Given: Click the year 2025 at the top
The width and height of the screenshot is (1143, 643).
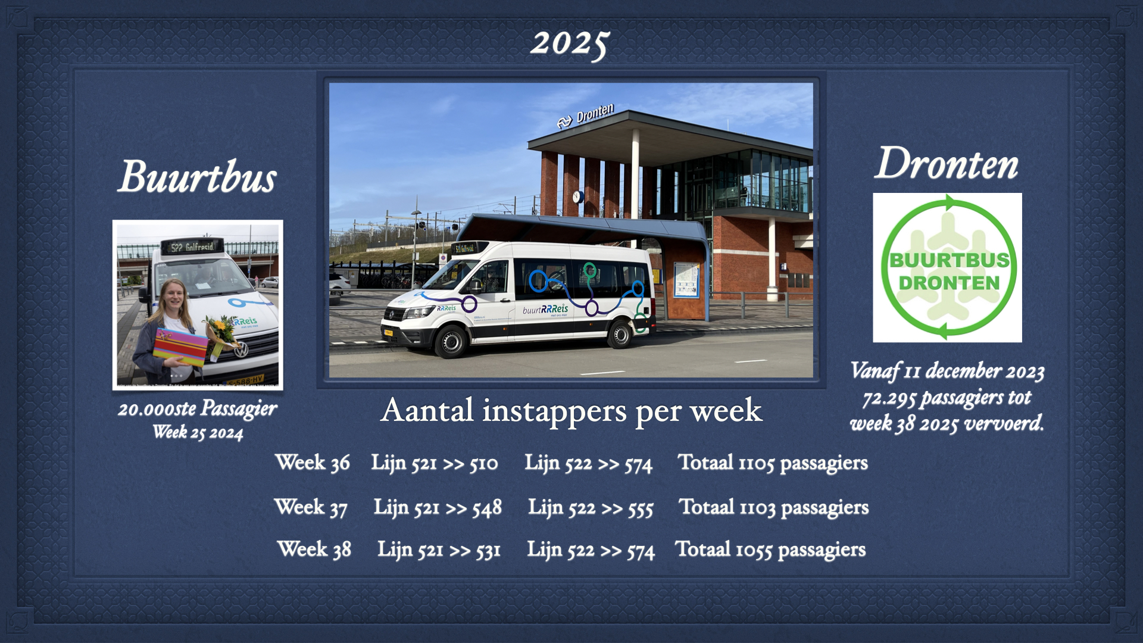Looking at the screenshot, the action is coord(570,44).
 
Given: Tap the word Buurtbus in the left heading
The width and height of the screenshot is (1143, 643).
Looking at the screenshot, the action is coord(197,177).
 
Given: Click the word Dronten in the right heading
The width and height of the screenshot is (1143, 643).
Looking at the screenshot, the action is coord(947,163).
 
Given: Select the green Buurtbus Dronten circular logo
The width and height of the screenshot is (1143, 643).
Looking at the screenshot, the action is coord(948,267).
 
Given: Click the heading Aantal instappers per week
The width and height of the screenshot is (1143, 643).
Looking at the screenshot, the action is coord(571,410).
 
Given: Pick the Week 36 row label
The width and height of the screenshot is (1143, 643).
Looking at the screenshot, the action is coord(313,463).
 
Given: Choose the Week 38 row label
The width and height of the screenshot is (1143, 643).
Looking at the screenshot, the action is coord(314,549).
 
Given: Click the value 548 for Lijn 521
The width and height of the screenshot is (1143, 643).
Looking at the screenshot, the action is coord(487,508).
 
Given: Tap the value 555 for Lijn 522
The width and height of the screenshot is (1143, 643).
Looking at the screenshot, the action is coord(640,508).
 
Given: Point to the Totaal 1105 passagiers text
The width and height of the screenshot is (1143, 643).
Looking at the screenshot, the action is coord(773,463).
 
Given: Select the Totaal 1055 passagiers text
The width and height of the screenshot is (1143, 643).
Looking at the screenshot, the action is coord(770,550).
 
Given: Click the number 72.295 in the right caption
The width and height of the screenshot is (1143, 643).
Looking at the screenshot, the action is coord(890,398).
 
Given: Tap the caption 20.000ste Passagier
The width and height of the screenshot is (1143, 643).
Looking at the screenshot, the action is coord(197,409).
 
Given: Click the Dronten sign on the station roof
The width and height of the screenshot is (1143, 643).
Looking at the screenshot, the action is coord(586,115).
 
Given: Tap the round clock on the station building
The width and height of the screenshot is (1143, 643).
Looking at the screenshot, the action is coord(577,197).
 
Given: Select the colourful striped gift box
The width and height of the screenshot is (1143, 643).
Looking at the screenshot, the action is coord(180,347).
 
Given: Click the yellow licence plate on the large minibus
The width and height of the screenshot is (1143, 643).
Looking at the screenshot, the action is coord(388,333).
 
